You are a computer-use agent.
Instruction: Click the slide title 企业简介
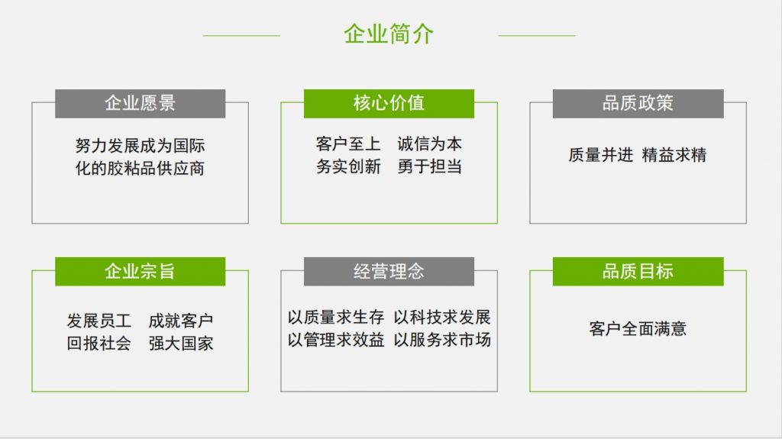pyautogui.click(x=389, y=34)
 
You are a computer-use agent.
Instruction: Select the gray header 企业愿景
pyautogui.click(x=140, y=104)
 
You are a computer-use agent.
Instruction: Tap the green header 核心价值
pyautogui.click(x=389, y=104)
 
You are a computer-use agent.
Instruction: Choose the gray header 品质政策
pyautogui.click(x=638, y=104)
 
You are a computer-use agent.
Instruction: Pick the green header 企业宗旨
pyautogui.click(x=140, y=271)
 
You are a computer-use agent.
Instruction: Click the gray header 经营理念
pyautogui.click(x=389, y=271)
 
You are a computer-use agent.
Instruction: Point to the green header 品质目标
pyautogui.click(x=638, y=271)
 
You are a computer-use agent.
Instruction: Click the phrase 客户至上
pyautogui.click(x=348, y=144)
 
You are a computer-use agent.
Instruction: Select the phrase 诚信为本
pyautogui.click(x=429, y=144)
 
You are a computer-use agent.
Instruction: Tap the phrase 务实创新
pyautogui.click(x=348, y=166)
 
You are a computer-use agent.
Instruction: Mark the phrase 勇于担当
pyautogui.click(x=429, y=166)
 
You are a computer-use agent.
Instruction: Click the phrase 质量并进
pyautogui.click(x=600, y=155)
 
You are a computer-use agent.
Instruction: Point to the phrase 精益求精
pyautogui.click(x=674, y=155)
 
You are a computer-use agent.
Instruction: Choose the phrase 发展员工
pyautogui.click(x=99, y=321)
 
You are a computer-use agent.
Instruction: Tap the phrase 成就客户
pyautogui.click(x=181, y=321)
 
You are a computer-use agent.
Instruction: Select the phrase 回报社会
pyautogui.click(x=99, y=344)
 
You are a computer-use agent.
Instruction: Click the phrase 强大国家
pyautogui.click(x=181, y=344)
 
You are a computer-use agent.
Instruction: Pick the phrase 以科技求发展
pyautogui.click(x=442, y=318)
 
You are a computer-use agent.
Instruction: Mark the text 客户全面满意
pyautogui.click(x=638, y=329)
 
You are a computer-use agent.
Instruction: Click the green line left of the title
pyautogui.click(x=241, y=35)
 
